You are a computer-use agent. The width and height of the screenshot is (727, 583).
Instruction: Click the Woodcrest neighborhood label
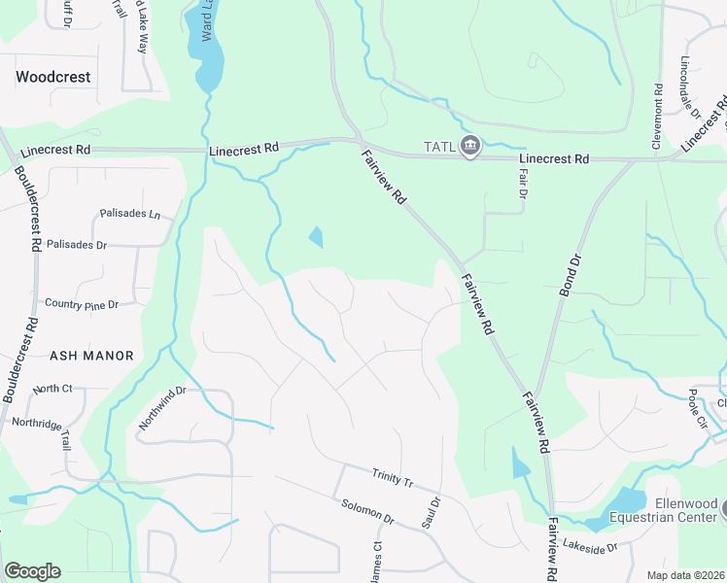(x=53, y=76)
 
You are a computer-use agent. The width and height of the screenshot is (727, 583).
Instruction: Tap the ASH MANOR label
(x=91, y=356)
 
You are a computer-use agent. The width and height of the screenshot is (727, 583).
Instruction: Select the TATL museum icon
(x=470, y=147)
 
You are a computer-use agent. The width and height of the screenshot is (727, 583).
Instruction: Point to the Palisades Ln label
(x=129, y=214)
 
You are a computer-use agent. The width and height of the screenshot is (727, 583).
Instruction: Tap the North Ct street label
(x=52, y=389)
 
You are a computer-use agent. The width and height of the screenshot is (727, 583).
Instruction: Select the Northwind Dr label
(x=160, y=409)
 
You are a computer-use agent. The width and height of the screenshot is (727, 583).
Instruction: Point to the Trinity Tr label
(x=393, y=477)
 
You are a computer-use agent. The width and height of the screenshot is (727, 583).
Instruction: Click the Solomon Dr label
(x=368, y=511)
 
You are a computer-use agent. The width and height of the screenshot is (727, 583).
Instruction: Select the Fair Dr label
(x=522, y=183)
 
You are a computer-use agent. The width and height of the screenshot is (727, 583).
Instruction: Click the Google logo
(x=32, y=571)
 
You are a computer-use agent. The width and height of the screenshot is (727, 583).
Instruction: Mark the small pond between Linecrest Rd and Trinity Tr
(x=316, y=236)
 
